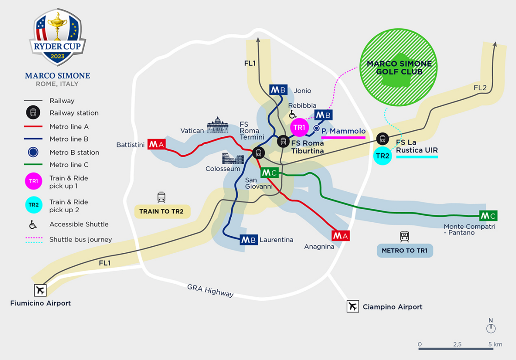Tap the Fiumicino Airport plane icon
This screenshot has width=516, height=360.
pyautogui.click(x=41, y=290)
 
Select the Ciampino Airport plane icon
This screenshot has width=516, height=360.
pyautogui.click(x=353, y=306)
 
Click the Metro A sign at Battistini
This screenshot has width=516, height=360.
pyautogui.click(x=156, y=144)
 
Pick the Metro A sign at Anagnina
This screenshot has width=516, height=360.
pyautogui.click(x=341, y=236)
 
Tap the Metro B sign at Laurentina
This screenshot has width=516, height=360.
pyautogui.click(x=249, y=240)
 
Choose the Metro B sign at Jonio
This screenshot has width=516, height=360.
pyautogui.click(x=279, y=90)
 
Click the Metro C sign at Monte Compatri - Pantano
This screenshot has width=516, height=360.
pyautogui.click(x=488, y=215)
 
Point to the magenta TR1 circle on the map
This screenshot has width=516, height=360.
pyautogui.click(x=300, y=127)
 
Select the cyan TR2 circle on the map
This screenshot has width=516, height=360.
pyautogui.click(x=382, y=156)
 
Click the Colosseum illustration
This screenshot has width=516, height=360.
pyautogui.click(x=233, y=159)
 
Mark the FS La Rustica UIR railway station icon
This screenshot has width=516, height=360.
pyautogui.click(x=382, y=138)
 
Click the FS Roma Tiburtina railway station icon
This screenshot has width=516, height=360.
pyautogui.click(x=283, y=141)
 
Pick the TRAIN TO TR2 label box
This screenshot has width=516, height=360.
pyautogui.click(x=161, y=212)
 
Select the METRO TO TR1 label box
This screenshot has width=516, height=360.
pyautogui.click(x=405, y=251)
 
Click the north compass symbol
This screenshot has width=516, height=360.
pyautogui.click(x=491, y=328)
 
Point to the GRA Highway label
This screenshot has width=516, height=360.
pyautogui.click(x=210, y=290)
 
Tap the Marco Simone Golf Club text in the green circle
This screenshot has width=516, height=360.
pyautogui.click(x=399, y=68)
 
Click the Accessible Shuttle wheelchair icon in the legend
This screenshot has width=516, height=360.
pyautogui.click(x=33, y=225)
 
